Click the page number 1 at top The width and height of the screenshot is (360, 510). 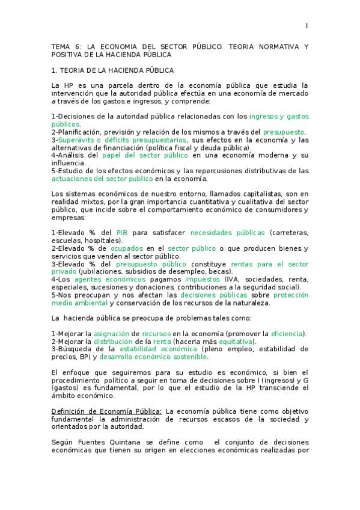[x=307, y=25]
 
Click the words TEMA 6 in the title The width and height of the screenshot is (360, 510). [x=64, y=46]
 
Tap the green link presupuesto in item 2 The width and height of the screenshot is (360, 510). [x=284, y=132]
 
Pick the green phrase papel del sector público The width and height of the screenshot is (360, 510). [x=136, y=155]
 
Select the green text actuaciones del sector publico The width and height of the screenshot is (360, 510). [x=102, y=179]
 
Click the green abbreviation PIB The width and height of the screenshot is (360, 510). [x=122, y=233]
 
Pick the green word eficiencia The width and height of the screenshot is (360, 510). [x=287, y=334]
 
